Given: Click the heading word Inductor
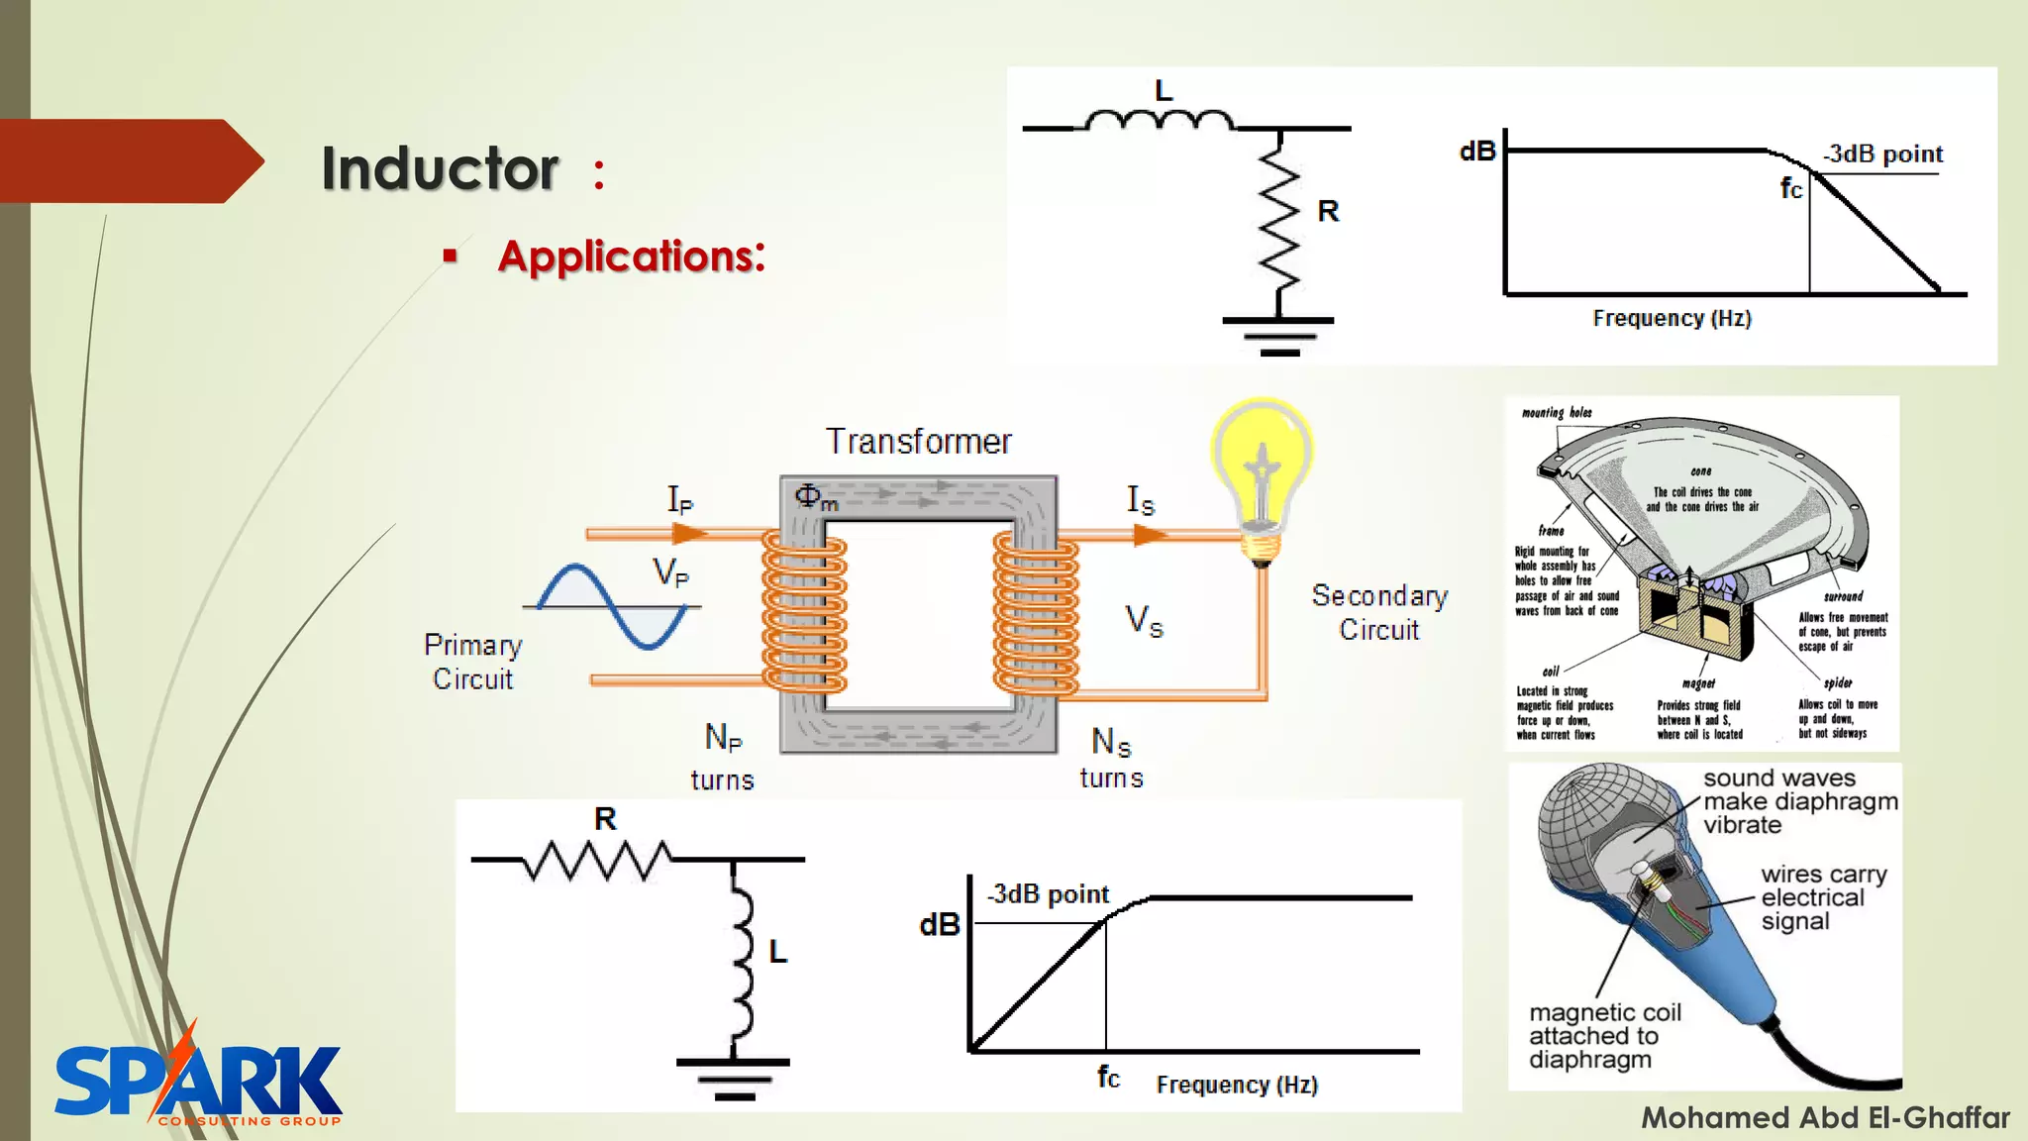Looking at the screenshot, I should pyautogui.click(x=440, y=168).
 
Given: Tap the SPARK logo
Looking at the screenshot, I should pyautogui.click(x=198, y=1082).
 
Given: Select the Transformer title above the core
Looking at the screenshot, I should pyautogui.click(x=919, y=442).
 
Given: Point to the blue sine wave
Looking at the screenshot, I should pyautogui.click(x=612, y=606).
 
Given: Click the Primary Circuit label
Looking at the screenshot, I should pyautogui.click(x=472, y=662).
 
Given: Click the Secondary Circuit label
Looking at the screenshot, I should pyautogui.click(x=1379, y=612).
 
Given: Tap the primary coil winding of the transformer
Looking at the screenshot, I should pyautogui.click(x=804, y=612).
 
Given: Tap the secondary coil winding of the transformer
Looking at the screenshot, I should pyautogui.click(x=1036, y=612).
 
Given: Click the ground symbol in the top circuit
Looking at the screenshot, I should pyautogui.click(x=1278, y=335).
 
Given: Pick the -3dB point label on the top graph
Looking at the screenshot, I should pyautogui.click(x=1883, y=154).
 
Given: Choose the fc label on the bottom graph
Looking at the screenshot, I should pyautogui.click(x=1108, y=1077).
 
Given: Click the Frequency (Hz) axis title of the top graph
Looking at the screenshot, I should pyautogui.click(x=1672, y=318).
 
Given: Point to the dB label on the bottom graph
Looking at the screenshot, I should pyautogui.click(x=940, y=925).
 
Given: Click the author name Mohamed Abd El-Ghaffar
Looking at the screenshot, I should pyautogui.click(x=1825, y=1117).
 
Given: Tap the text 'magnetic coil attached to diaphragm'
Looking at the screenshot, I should pyautogui.click(x=1604, y=1036).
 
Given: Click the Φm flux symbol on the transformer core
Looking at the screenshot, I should pyautogui.click(x=815, y=497).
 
